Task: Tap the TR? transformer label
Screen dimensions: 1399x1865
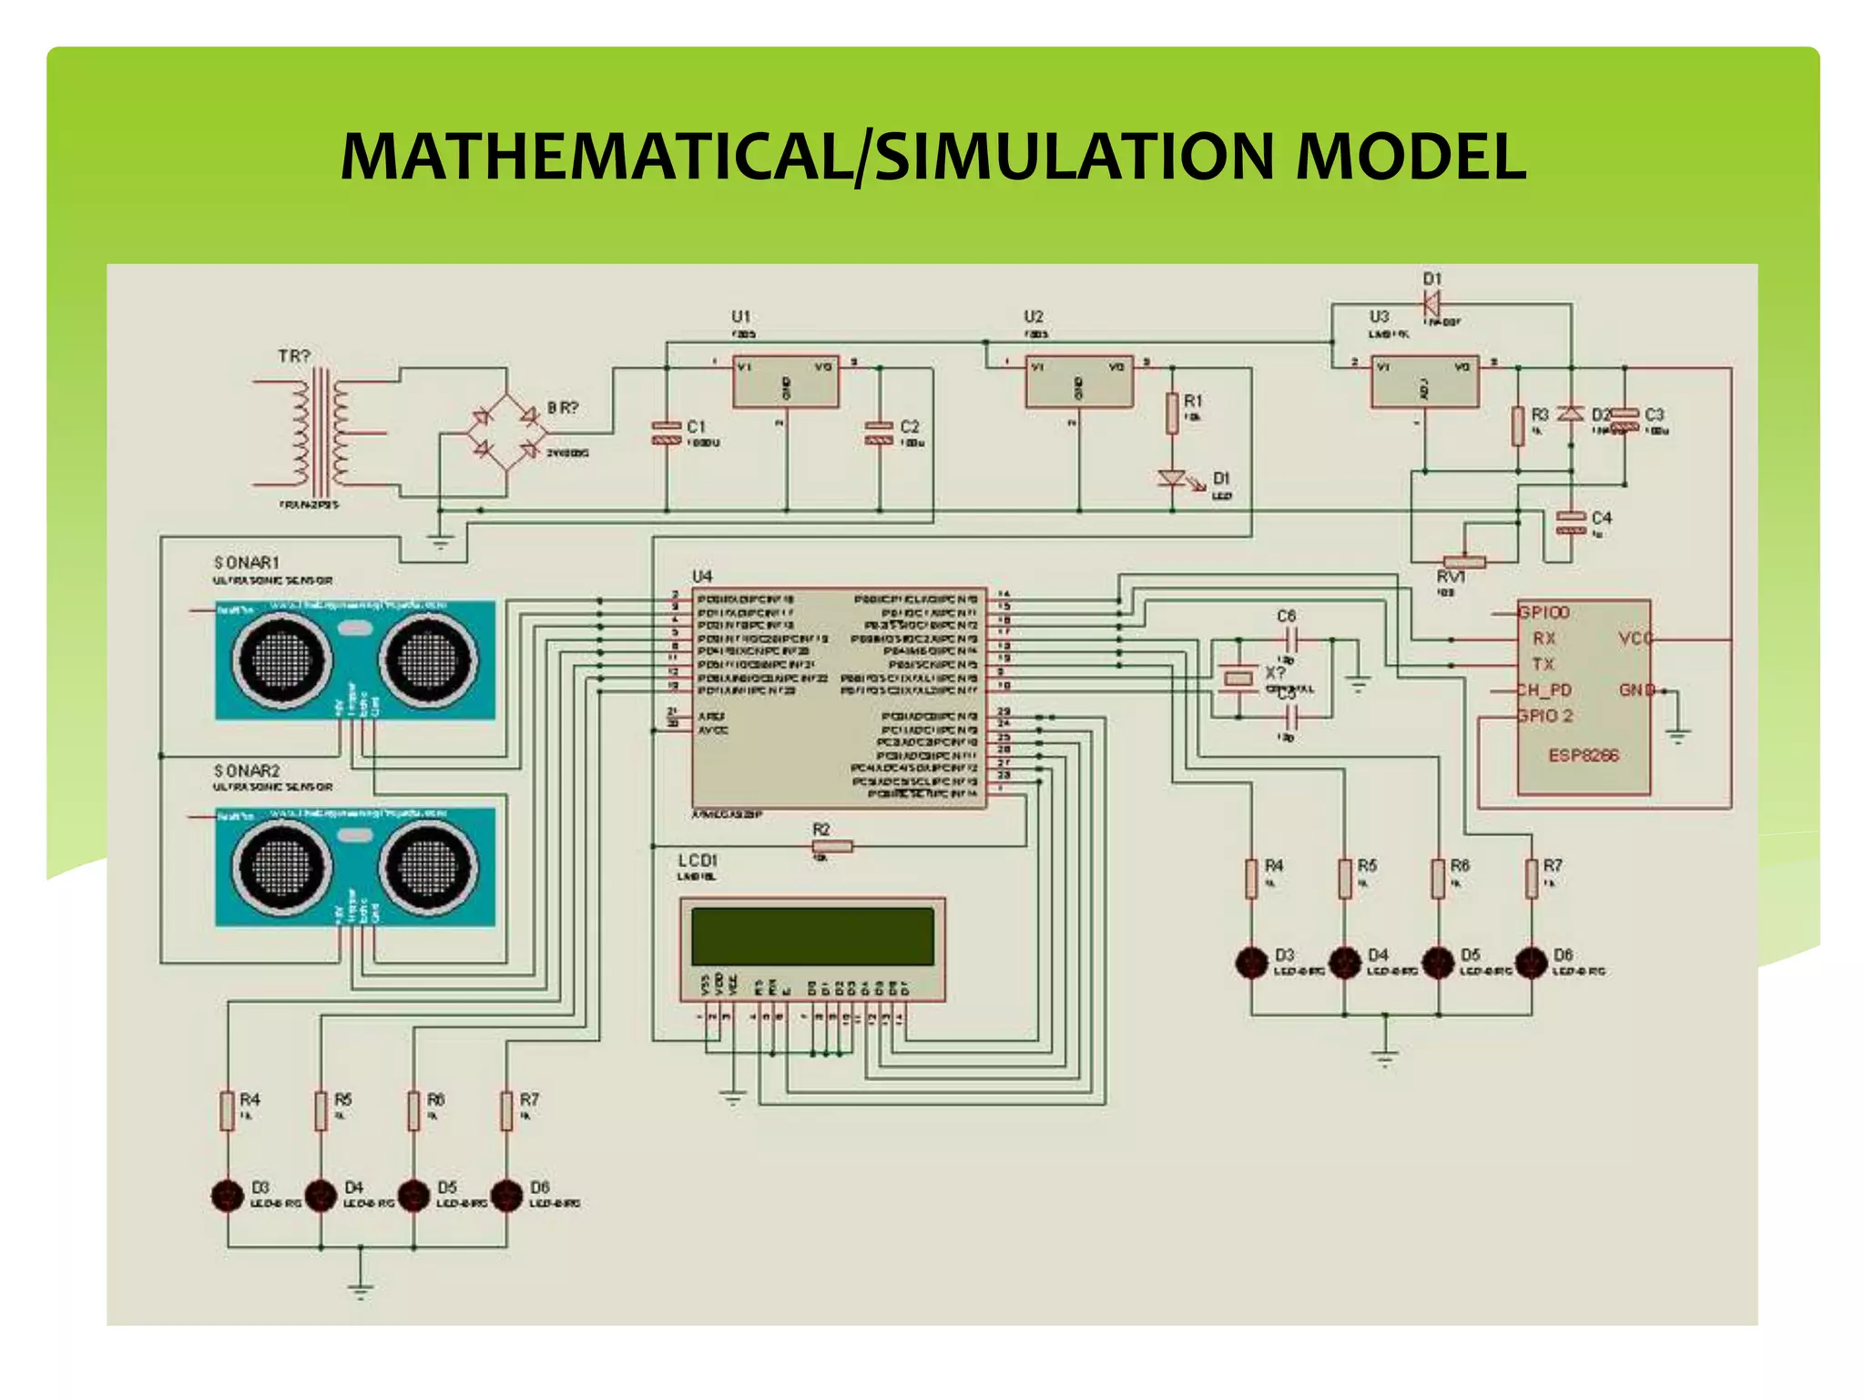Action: (294, 356)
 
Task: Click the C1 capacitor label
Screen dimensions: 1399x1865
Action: (697, 426)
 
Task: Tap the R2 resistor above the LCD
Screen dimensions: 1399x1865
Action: (832, 847)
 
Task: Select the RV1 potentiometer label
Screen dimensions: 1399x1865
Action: (1451, 577)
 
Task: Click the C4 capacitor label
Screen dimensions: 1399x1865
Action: (1602, 517)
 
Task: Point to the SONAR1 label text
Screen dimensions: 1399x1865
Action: (247, 563)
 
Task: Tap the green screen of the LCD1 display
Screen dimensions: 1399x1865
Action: (812, 935)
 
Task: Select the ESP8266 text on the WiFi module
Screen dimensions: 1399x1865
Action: (1584, 755)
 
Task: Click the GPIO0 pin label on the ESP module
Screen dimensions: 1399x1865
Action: (1544, 613)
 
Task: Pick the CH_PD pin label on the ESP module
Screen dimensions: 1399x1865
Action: (1544, 689)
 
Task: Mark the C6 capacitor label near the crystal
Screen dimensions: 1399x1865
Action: (1286, 617)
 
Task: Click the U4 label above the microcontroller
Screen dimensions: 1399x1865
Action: (702, 577)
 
